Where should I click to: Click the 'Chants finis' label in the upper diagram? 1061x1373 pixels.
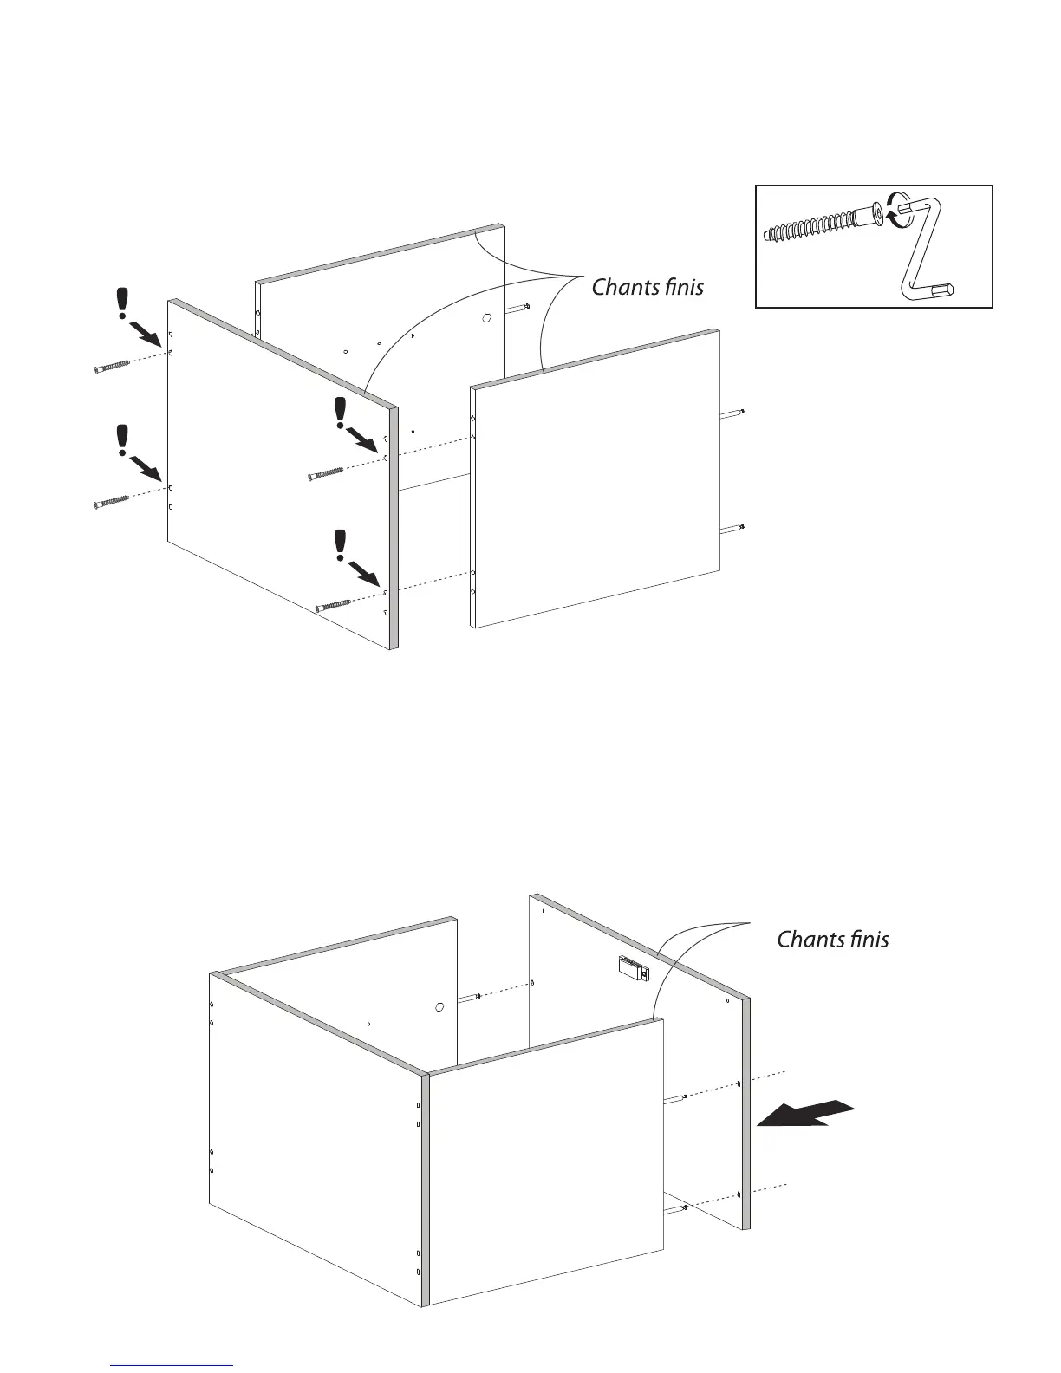pos(648,287)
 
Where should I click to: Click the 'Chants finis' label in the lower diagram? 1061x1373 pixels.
pos(832,939)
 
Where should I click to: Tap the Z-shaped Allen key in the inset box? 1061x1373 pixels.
pos(923,246)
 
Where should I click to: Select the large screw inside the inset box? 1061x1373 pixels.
pos(823,224)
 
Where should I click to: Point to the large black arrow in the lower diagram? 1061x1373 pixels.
pos(805,1114)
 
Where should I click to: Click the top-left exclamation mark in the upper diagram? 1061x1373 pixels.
pos(123,305)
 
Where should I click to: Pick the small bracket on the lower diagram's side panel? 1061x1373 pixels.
pos(634,968)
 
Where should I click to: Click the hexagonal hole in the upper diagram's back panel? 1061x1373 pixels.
pos(485,317)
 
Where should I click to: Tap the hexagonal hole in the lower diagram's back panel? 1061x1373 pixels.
pos(439,1007)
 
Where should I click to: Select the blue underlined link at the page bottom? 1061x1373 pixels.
pos(172,1365)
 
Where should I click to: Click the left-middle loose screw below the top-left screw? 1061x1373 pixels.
pos(110,502)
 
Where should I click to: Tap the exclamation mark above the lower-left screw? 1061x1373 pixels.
pos(123,440)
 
